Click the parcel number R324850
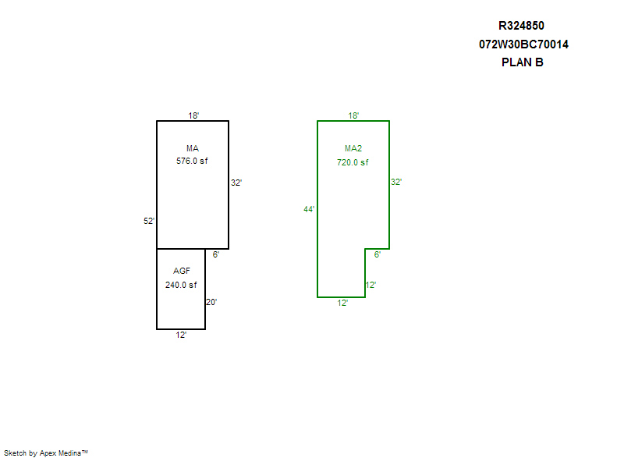point(521,26)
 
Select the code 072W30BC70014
point(523,44)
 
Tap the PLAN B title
point(522,62)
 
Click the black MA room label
point(193,148)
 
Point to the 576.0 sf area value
point(192,162)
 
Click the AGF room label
point(182,271)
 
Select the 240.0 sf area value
point(181,285)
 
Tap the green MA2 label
point(353,148)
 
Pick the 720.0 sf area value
point(353,162)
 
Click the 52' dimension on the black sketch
point(149,221)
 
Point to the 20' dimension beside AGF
point(211,302)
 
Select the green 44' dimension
point(309,209)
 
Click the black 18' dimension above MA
point(193,115)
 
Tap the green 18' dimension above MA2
point(353,115)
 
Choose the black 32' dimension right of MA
point(236,183)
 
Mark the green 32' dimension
point(396,182)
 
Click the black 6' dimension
point(216,254)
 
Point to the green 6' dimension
point(378,254)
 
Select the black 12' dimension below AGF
point(181,335)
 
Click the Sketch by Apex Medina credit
point(46,453)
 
